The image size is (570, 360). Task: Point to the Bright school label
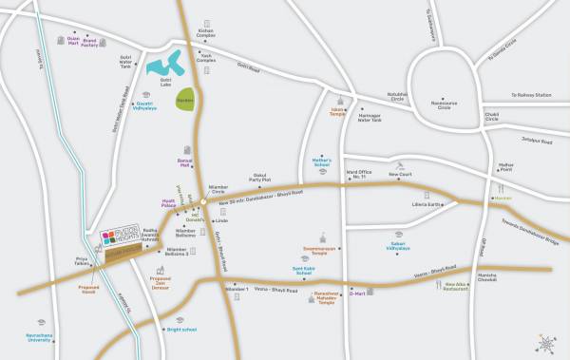pyautogui.click(x=180, y=330)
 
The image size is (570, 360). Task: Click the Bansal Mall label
pyautogui.click(x=185, y=163)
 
